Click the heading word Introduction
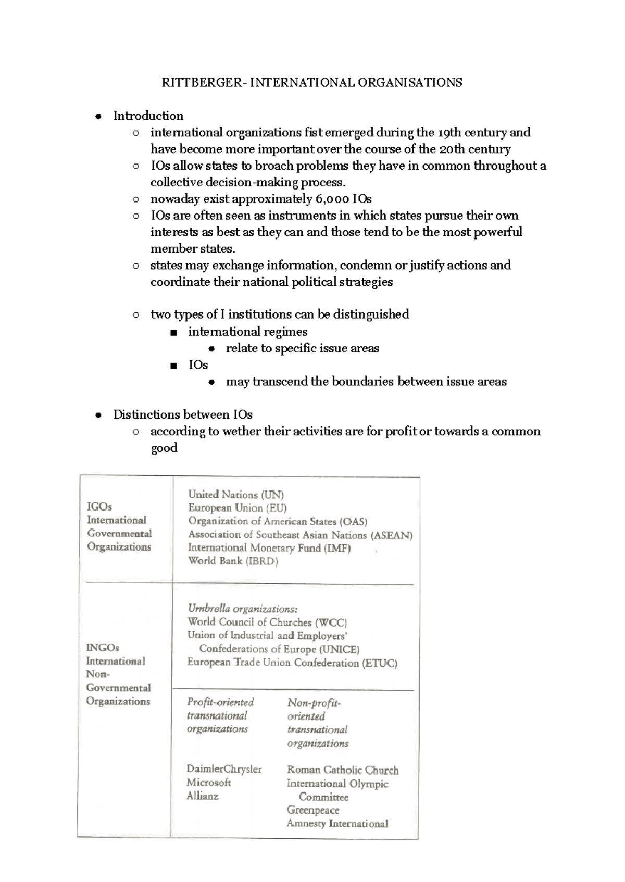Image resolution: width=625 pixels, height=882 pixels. (148, 116)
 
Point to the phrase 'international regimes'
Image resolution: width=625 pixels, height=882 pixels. (247, 332)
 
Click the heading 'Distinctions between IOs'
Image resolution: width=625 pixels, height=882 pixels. (183, 414)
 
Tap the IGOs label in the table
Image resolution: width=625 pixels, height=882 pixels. (99, 507)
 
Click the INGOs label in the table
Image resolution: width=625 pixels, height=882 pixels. (103, 648)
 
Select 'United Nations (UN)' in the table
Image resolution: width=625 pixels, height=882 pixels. (236, 495)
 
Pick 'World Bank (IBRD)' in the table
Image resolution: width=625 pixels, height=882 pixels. (233, 561)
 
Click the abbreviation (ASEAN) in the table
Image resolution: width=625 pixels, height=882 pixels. (392, 535)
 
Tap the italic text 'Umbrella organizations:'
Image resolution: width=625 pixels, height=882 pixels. (243, 608)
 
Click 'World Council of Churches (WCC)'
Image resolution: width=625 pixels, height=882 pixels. (267, 622)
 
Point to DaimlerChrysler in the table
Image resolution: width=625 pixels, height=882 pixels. (224, 769)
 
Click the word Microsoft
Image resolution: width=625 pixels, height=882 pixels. (208, 783)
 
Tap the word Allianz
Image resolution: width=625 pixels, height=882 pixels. (203, 796)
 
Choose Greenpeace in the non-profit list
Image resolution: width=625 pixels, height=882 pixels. (312, 810)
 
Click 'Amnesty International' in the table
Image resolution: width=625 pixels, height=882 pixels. (337, 824)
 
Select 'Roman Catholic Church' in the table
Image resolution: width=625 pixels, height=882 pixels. (342, 770)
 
